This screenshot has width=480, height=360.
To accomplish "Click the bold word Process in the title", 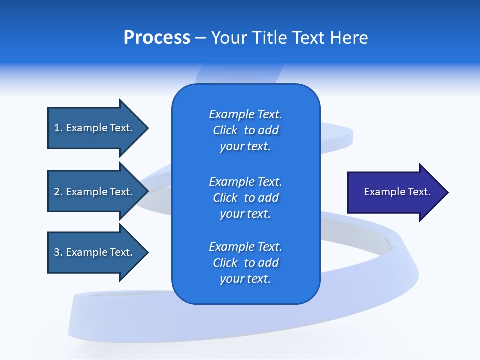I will tap(157, 38).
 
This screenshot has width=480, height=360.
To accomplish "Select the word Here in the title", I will tap(348, 38).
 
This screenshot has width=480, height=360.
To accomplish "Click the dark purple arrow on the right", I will tap(395, 192).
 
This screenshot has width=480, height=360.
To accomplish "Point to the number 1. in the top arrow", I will tap(58, 128).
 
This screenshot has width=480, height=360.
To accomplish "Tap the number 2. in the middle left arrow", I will tap(58, 192).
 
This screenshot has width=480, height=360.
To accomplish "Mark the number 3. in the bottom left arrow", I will tap(58, 252).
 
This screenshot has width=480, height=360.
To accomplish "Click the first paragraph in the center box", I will tap(245, 130).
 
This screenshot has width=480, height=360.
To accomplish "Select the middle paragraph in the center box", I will tap(245, 198).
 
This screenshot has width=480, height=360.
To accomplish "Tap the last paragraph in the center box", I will tap(245, 263).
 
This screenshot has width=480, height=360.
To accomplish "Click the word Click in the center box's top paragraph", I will tap(225, 130).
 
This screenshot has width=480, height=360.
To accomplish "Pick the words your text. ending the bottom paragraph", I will tap(245, 279).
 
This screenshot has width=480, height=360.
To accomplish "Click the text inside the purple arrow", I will tap(397, 192).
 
